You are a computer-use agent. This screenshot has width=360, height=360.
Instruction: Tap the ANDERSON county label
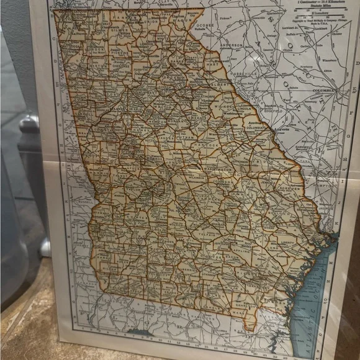(230, 45)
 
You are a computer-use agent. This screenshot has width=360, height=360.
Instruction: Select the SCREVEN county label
(281, 186)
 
